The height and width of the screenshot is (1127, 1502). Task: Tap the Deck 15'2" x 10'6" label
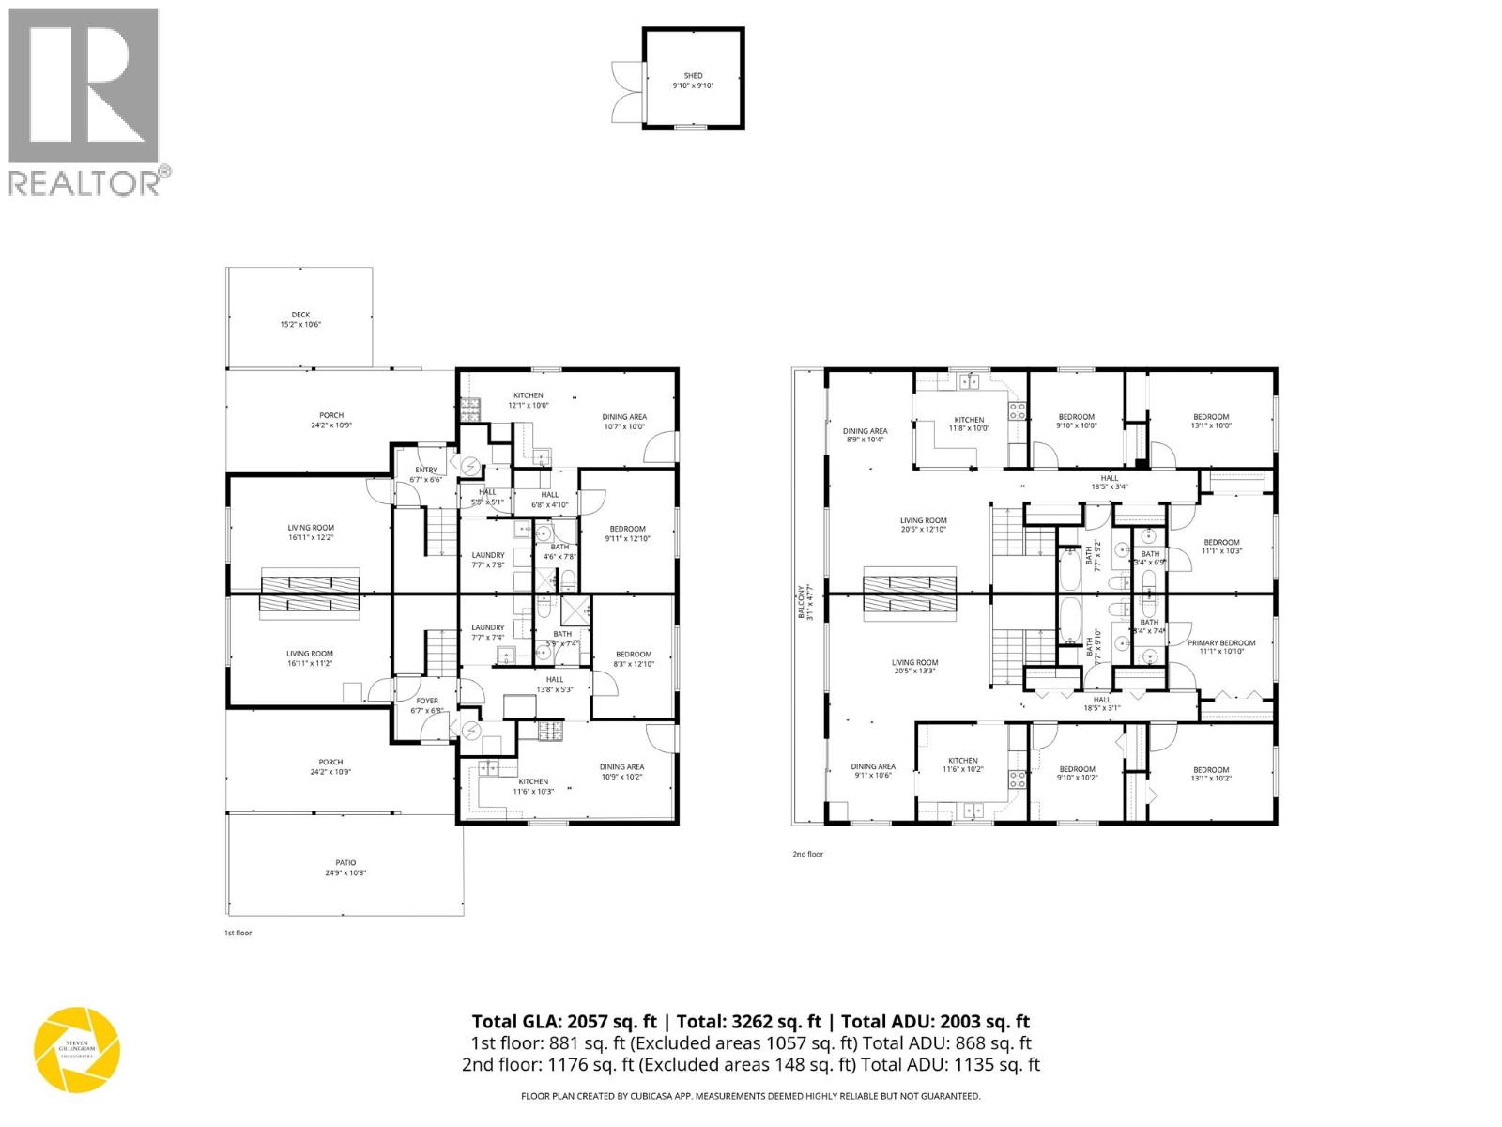coord(300,319)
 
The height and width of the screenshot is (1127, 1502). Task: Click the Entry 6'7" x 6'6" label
coord(425,474)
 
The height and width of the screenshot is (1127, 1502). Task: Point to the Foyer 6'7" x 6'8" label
coord(427,705)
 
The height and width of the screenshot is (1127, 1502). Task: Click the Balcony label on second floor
coord(802,601)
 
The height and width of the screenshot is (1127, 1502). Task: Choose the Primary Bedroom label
coord(1221,647)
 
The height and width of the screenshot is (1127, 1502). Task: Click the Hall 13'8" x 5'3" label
coord(555,685)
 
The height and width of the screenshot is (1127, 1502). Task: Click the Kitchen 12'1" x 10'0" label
coord(528,400)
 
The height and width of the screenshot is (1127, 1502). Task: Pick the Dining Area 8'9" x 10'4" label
coord(865,436)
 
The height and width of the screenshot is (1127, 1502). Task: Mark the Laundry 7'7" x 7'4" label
coord(487,632)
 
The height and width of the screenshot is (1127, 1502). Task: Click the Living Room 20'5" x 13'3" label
coord(914,667)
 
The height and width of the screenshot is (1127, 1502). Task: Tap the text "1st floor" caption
coord(238,933)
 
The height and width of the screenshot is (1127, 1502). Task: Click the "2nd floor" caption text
coord(807,854)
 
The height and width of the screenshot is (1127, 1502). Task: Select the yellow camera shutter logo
coord(77,1050)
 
